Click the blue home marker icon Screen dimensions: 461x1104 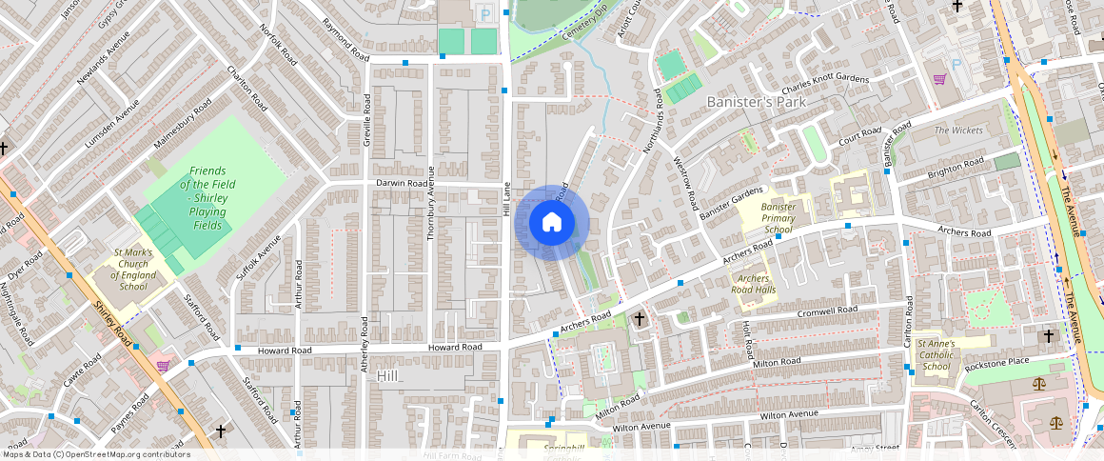coord(552,223)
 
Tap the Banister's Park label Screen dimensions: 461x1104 coord(756,101)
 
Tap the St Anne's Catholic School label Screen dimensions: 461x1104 coord(936,354)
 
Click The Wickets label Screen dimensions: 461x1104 coord(957,130)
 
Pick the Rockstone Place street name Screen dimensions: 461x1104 coord(996,361)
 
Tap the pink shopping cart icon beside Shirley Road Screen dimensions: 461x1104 coord(163,365)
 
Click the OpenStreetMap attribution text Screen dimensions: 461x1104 coord(96,454)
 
